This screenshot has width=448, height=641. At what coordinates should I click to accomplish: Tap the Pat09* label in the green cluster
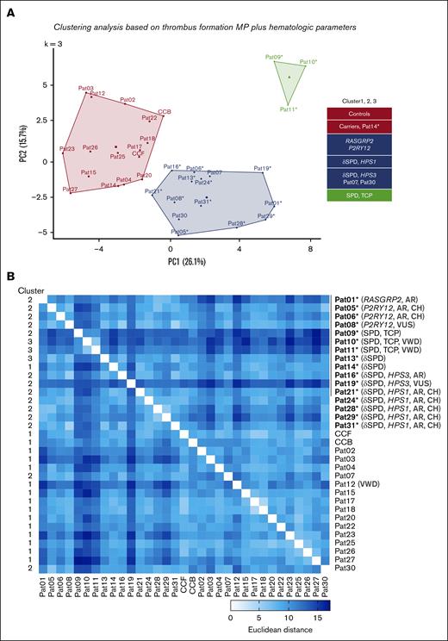point(275,58)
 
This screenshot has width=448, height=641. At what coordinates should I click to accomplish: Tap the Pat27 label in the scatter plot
point(70,189)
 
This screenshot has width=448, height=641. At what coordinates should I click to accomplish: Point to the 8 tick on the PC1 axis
point(310,249)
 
